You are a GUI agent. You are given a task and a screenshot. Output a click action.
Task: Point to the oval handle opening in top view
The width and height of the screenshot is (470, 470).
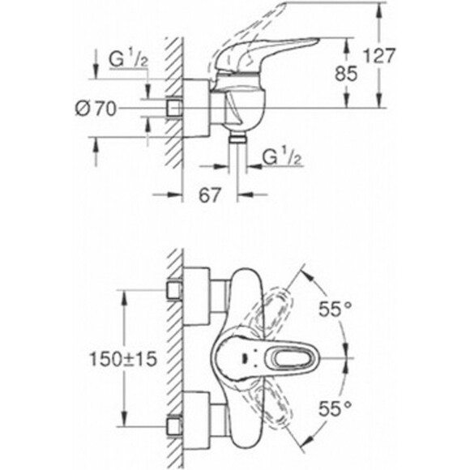(x=285, y=357)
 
